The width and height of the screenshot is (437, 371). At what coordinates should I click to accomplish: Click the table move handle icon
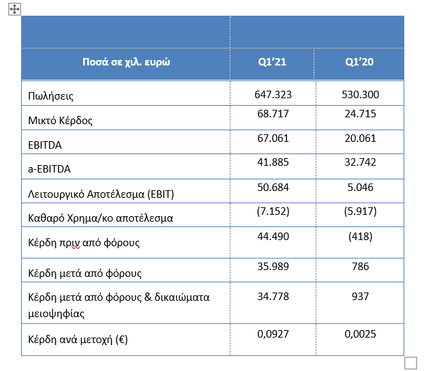click(14, 10)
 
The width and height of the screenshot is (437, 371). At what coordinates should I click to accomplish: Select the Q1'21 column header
click(272, 62)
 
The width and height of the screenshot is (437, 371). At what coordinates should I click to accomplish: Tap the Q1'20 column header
click(359, 62)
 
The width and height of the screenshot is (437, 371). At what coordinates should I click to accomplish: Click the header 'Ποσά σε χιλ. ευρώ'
click(126, 62)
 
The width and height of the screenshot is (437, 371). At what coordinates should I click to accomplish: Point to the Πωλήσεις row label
click(50, 96)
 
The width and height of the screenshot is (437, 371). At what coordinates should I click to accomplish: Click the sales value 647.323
click(273, 95)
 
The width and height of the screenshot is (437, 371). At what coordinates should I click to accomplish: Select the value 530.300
click(361, 95)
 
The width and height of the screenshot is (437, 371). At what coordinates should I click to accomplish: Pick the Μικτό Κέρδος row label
click(60, 121)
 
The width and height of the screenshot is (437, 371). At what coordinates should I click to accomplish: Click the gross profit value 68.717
click(273, 114)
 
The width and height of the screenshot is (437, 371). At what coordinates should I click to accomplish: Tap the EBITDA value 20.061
click(361, 138)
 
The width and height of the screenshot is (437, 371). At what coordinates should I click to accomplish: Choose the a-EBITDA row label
click(49, 169)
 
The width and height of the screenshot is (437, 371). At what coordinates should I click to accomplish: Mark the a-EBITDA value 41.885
click(273, 162)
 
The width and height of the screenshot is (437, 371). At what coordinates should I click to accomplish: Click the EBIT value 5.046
click(361, 188)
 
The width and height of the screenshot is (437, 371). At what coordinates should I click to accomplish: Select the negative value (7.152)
click(273, 211)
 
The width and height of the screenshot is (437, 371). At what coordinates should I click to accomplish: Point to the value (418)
click(361, 237)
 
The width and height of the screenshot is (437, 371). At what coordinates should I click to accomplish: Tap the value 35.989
click(273, 267)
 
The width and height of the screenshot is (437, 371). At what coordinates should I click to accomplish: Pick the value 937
click(361, 297)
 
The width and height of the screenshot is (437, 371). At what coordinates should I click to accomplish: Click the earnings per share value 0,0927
click(273, 334)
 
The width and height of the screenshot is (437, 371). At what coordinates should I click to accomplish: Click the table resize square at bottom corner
click(410, 363)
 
